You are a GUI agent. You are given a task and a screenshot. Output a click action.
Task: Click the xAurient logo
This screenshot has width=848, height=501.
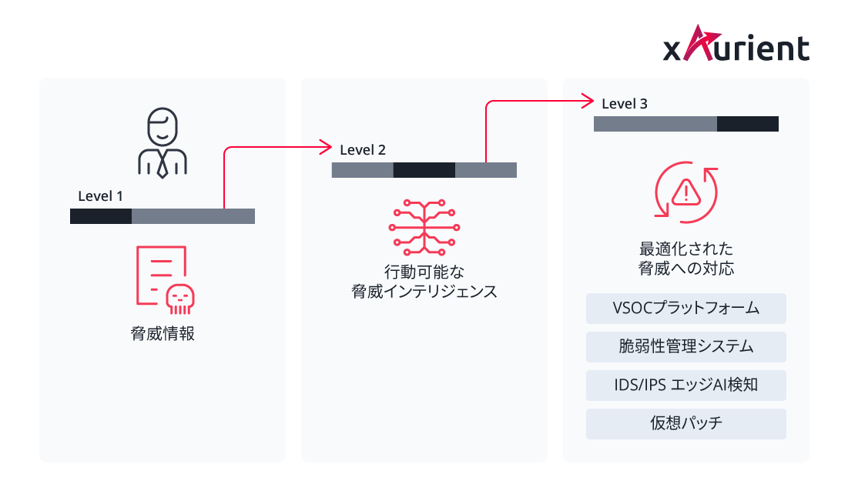[736, 45]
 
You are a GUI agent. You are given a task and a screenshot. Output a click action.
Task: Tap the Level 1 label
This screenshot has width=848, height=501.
[100, 195]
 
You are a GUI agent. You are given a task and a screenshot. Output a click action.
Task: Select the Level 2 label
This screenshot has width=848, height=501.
[363, 149]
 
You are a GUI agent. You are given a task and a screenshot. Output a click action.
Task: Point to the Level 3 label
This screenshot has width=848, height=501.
[625, 103]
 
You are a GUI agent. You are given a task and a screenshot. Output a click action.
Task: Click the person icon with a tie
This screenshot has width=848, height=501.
[162, 143]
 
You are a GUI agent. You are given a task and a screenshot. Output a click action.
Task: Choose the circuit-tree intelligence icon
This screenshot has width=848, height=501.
[424, 227]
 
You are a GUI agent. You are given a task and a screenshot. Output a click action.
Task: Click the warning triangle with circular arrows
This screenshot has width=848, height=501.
[685, 195]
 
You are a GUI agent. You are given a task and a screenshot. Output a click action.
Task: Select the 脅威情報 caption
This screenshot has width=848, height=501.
[162, 334]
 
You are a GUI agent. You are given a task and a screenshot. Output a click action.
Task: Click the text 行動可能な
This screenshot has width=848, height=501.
[424, 272]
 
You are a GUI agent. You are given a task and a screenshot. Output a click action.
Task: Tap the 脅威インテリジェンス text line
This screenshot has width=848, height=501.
[424, 292]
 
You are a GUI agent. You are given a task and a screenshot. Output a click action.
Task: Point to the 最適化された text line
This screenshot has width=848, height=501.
[685, 249]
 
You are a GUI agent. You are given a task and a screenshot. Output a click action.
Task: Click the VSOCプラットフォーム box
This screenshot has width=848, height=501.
[685, 309]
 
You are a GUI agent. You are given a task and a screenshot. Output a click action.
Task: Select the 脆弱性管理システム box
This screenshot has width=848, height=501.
[685, 347]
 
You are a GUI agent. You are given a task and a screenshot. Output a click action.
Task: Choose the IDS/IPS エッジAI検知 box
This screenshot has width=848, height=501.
[685, 385]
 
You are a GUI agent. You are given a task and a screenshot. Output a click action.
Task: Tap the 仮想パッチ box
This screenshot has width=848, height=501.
[685, 423]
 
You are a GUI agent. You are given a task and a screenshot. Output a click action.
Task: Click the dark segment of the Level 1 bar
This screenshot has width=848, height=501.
[101, 216]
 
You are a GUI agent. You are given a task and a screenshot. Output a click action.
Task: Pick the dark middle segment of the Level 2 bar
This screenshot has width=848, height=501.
[424, 170]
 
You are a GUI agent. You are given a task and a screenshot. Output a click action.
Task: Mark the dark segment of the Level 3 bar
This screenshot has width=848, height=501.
[747, 124]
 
